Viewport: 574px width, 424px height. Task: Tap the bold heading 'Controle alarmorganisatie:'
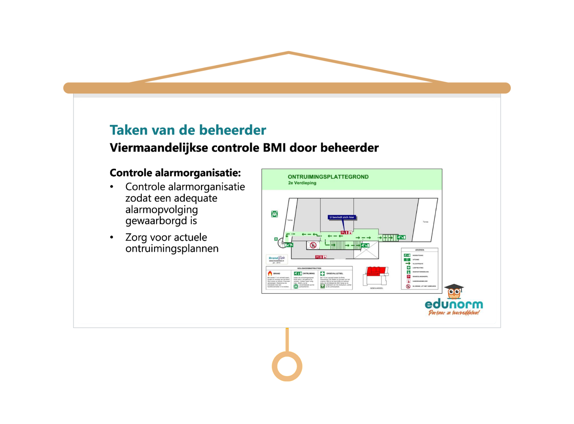click(x=175, y=173)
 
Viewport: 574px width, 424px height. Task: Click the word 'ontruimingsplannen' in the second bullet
click(x=172, y=249)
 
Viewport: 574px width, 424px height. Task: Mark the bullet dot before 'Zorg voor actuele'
click(x=112, y=238)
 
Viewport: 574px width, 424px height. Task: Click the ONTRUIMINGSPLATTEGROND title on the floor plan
click(x=328, y=177)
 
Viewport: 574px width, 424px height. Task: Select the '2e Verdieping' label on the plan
click(x=302, y=183)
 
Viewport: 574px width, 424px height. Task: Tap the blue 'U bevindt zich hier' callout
click(x=342, y=217)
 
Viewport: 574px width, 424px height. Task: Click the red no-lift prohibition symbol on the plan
click(x=313, y=245)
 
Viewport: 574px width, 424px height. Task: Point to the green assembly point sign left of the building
click(x=274, y=214)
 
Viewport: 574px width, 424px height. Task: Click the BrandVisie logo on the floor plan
click(x=276, y=259)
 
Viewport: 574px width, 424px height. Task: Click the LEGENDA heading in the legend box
click(x=419, y=250)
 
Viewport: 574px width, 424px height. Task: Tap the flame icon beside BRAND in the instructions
click(x=270, y=273)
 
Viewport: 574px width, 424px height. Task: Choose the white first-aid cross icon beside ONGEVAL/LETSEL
click(x=322, y=273)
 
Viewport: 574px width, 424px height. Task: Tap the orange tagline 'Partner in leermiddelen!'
click(x=454, y=313)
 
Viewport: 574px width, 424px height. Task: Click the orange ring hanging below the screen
click(x=287, y=366)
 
